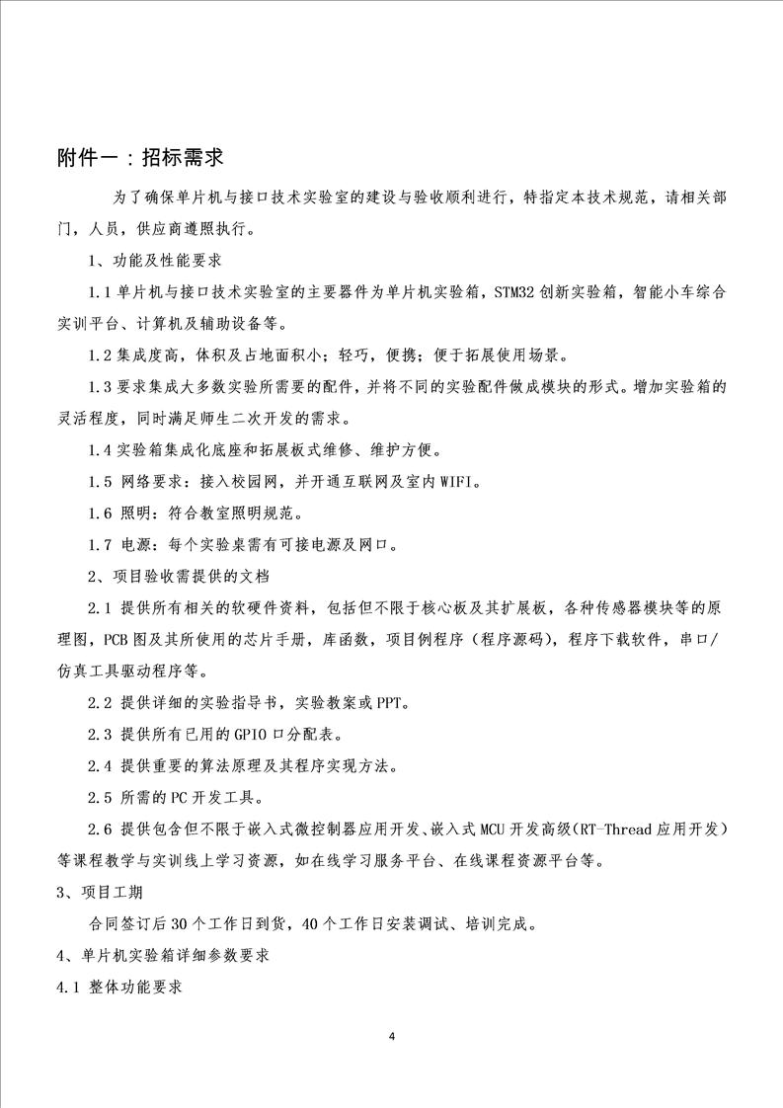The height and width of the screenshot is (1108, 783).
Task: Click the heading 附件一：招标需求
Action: coord(142,159)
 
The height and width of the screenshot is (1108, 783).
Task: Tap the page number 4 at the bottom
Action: coord(392,1036)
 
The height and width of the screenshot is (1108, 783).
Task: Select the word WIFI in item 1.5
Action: coord(455,482)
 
